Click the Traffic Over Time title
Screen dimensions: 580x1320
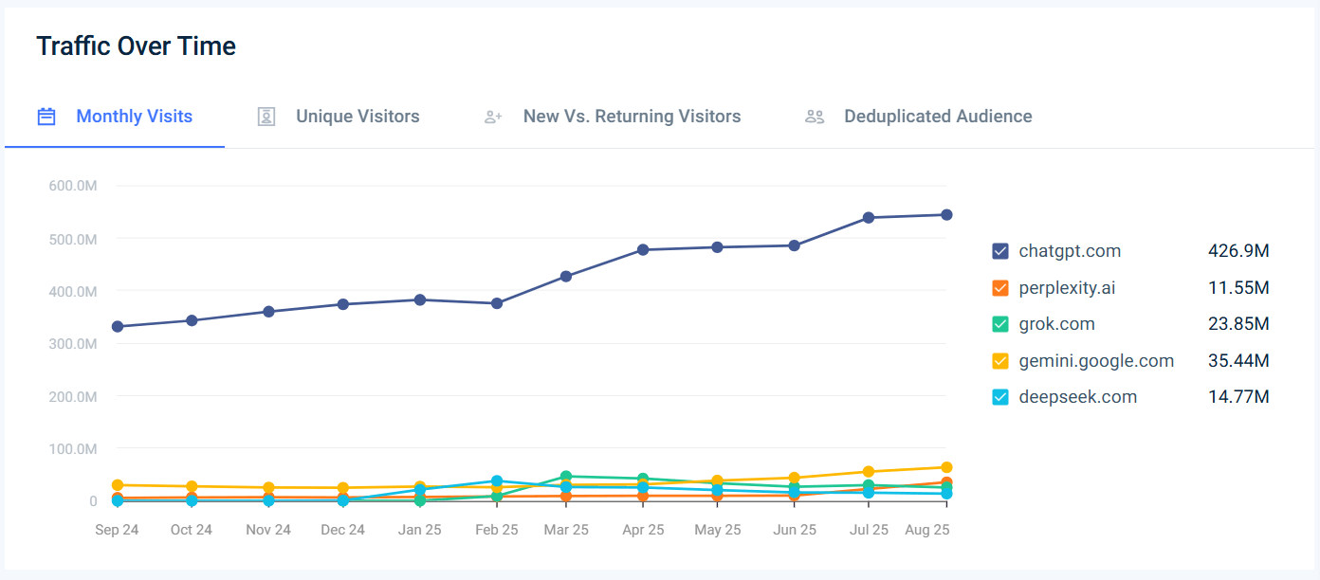pyautogui.click(x=136, y=45)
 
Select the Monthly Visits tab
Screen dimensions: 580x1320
pyautogui.click(x=134, y=117)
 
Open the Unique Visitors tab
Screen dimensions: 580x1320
pyautogui.click(x=357, y=117)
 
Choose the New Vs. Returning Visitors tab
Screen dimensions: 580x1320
pyautogui.click(x=632, y=117)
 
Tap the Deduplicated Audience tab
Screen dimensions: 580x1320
pyautogui.click(x=938, y=117)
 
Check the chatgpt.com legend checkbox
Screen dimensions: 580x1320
pyautogui.click(x=999, y=251)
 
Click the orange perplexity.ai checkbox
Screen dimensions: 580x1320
pyautogui.click(x=999, y=288)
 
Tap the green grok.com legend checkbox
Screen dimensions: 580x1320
pyautogui.click(x=999, y=324)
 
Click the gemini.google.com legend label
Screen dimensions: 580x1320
pyautogui.click(x=1096, y=361)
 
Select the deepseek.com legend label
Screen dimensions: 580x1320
pyautogui.click(x=1077, y=397)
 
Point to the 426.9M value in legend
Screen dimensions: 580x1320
pyautogui.click(x=1238, y=251)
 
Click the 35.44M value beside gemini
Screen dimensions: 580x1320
pyautogui.click(x=1238, y=361)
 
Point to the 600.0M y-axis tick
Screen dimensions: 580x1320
pyautogui.click(x=73, y=186)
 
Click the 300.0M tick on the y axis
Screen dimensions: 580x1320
pyautogui.click(x=73, y=343)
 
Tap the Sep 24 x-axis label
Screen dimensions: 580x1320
pyautogui.click(x=117, y=530)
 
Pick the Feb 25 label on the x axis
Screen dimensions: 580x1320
pyautogui.click(x=496, y=530)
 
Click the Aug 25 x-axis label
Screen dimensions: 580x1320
pyautogui.click(x=926, y=530)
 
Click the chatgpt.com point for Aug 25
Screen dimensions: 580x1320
pyautogui.click(x=946, y=214)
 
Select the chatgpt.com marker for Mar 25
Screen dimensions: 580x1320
pyautogui.click(x=566, y=277)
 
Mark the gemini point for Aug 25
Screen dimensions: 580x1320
pyautogui.click(x=946, y=467)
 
